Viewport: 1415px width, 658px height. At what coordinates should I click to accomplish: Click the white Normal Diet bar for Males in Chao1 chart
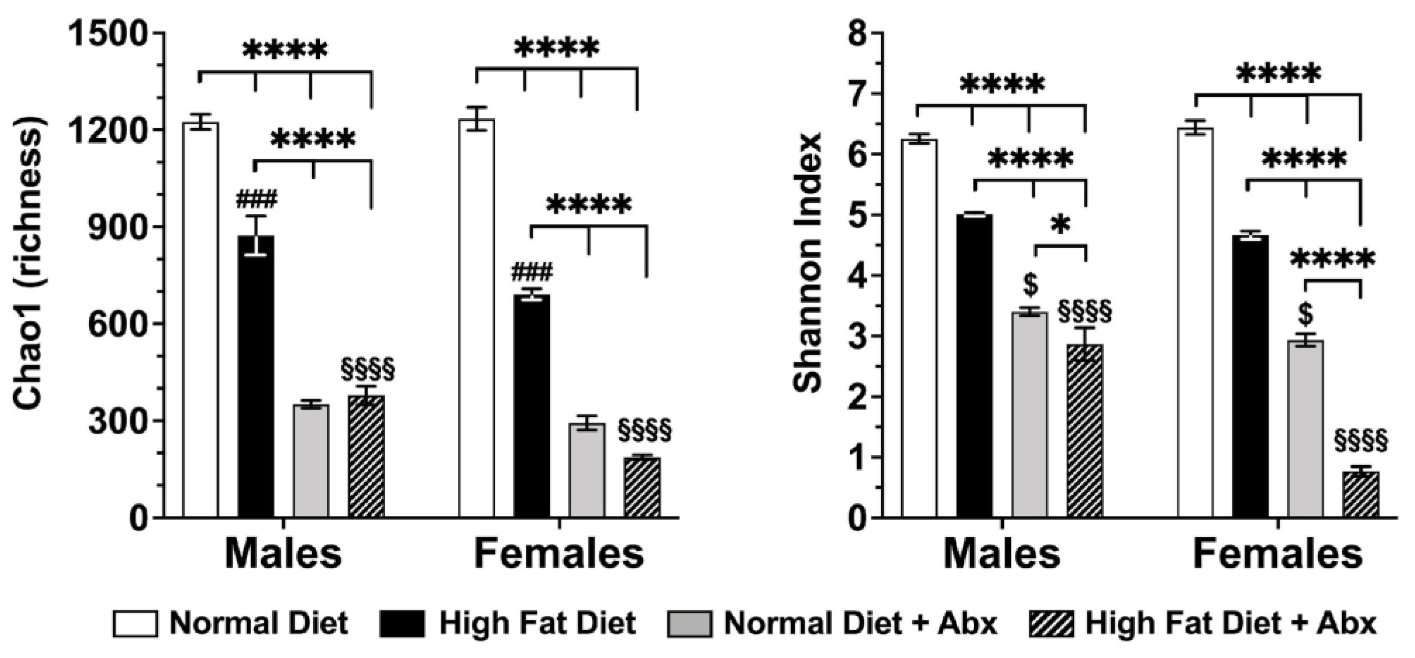click(x=200, y=319)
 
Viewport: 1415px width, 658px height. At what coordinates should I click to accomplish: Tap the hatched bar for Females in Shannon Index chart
click(x=1361, y=494)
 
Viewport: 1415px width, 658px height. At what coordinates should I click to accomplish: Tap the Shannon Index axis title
click(x=808, y=264)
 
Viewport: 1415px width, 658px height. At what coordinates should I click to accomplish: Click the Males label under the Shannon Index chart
click(x=1002, y=555)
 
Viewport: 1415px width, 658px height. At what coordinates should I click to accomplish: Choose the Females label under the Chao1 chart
click(x=559, y=555)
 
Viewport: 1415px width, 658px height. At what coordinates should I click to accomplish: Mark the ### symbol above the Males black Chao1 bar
click(x=256, y=199)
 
